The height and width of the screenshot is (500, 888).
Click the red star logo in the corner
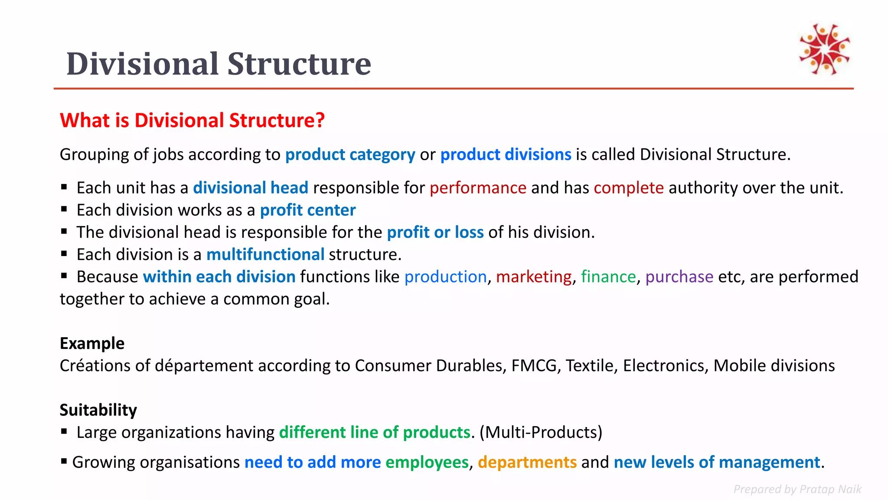tap(825, 49)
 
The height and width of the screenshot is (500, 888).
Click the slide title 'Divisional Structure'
tap(219, 64)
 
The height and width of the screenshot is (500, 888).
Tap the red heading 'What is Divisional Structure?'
tap(192, 120)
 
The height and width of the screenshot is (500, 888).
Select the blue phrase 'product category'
tap(350, 155)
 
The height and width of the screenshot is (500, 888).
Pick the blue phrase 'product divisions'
tap(506, 155)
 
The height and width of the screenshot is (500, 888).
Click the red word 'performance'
tap(478, 188)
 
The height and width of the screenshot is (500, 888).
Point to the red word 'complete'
tap(628, 188)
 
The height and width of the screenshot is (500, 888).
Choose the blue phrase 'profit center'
tap(307, 210)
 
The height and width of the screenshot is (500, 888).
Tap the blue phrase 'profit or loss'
tap(435, 232)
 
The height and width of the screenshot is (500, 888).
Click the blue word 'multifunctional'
tap(265, 254)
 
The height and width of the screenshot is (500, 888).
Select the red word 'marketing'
tap(534, 277)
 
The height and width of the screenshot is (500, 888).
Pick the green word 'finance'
tap(608, 277)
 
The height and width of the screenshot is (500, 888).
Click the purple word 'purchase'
tap(679, 277)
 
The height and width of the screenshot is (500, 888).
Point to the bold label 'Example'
tap(92, 343)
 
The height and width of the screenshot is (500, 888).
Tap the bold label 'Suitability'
tap(98, 410)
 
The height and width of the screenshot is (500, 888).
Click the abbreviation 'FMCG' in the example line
tap(534, 366)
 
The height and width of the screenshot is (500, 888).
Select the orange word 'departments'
tap(527, 462)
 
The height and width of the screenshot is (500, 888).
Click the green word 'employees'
tap(427, 462)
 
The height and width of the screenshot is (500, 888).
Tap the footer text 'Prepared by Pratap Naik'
tap(797, 489)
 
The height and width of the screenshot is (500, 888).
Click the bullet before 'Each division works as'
tap(64, 209)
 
